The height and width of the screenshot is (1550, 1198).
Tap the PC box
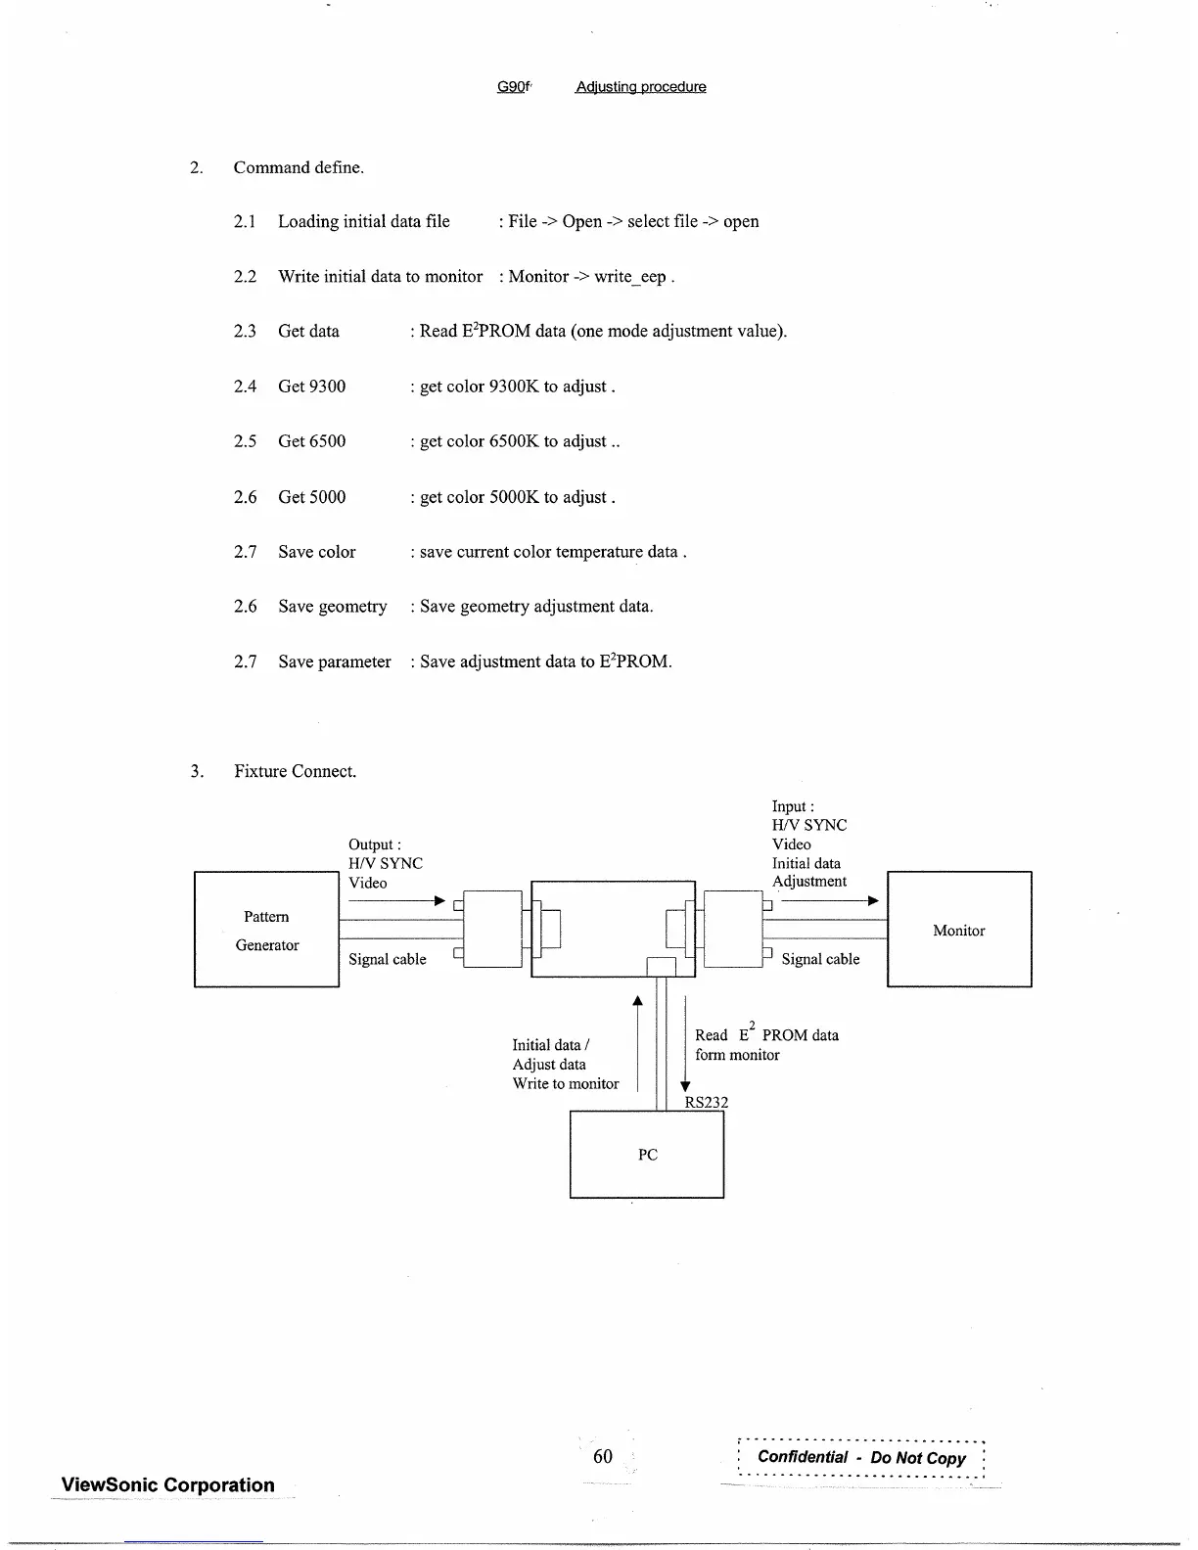pyautogui.click(x=647, y=1155)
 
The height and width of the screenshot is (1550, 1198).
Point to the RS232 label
pyautogui.click(x=706, y=1102)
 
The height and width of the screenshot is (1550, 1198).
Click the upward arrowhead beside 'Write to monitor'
pyautogui.click(x=637, y=1001)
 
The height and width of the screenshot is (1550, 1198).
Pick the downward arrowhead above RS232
pyautogui.click(x=685, y=1085)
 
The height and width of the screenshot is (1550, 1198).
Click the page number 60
pyautogui.click(x=603, y=1456)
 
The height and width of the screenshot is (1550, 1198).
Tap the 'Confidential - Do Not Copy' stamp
pyautogui.click(x=861, y=1457)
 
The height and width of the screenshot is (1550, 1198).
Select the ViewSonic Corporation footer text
pyautogui.click(x=167, y=1484)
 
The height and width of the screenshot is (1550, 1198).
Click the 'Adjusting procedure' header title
pyautogui.click(x=640, y=87)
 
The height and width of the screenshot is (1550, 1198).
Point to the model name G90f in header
pyautogui.click(x=513, y=87)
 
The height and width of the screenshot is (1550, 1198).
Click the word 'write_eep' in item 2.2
pyautogui.click(x=629, y=277)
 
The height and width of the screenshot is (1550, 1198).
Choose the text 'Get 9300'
pyautogui.click(x=311, y=387)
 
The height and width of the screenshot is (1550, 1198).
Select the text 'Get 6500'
pyautogui.click(x=311, y=441)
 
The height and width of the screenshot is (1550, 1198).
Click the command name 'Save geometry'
pyautogui.click(x=332, y=607)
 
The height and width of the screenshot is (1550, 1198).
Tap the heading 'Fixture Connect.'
pyautogui.click(x=295, y=771)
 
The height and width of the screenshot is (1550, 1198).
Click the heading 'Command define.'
pyautogui.click(x=298, y=167)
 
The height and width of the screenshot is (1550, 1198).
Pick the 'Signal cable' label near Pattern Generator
pyautogui.click(x=387, y=959)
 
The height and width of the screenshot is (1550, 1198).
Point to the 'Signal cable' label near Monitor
pyautogui.click(x=820, y=959)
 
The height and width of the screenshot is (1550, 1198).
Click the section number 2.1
pyautogui.click(x=245, y=222)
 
